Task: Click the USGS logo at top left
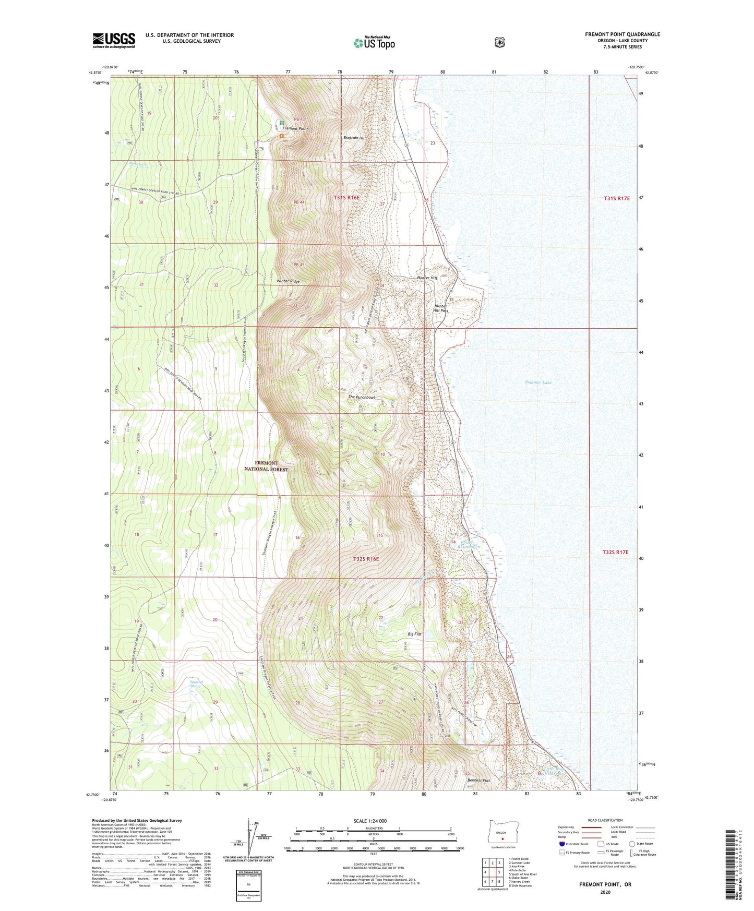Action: click(114, 40)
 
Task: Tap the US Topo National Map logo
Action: click(374, 42)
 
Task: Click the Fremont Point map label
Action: click(295, 128)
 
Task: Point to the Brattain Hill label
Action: click(355, 138)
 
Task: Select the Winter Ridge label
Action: click(288, 281)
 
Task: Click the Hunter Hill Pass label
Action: click(441, 308)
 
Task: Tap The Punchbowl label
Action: click(362, 397)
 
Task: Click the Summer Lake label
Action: click(538, 382)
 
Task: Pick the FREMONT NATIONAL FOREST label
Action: click(266, 466)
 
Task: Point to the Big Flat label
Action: click(414, 634)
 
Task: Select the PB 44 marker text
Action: click(298, 202)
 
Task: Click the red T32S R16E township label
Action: click(366, 559)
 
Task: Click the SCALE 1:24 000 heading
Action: click(370, 821)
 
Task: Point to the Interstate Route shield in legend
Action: click(561, 844)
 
